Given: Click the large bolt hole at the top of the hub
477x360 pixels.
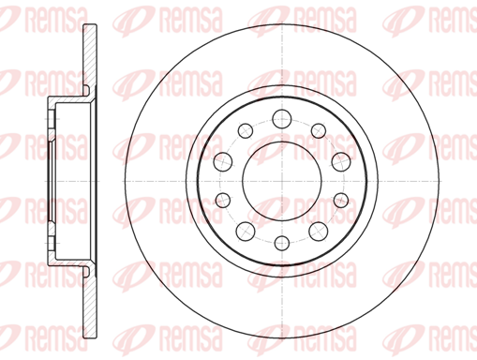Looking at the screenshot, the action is click(x=282, y=119).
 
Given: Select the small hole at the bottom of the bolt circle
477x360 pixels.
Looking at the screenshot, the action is click(x=282, y=243).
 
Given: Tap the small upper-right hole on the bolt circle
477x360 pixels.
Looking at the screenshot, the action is click(x=319, y=130).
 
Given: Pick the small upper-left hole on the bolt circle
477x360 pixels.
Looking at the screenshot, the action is click(x=246, y=130).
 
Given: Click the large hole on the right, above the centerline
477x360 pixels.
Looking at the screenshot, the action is click(x=341, y=162).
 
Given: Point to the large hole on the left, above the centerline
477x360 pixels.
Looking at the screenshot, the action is click(x=223, y=162).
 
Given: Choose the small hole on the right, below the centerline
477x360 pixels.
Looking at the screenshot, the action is click(x=341, y=200).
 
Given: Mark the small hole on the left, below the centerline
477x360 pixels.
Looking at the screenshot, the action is click(x=223, y=200).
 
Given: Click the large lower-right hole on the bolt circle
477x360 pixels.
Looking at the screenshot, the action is click(x=319, y=232).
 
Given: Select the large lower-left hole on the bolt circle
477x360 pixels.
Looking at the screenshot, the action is click(x=246, y=232).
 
